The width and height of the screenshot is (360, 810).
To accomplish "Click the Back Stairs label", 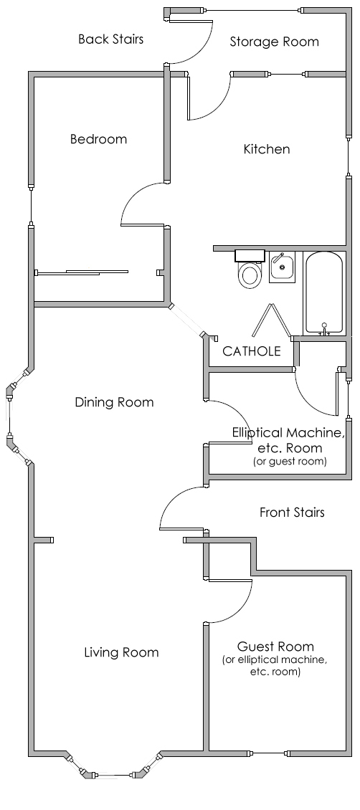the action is coord(110,39).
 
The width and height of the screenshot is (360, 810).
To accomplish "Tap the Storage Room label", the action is coord(274,42).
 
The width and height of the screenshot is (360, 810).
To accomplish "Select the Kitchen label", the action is coord(267,149).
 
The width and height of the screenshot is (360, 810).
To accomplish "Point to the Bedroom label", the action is coord(99,139).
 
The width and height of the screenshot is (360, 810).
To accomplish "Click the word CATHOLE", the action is coord(252,351).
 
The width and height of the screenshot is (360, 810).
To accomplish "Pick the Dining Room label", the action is coord(114,402).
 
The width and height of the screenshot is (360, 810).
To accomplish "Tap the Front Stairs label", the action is coord(292,512).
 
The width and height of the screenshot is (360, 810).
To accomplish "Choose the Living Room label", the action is coord(121,652).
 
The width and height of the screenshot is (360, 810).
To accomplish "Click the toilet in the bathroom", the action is coord(250,269).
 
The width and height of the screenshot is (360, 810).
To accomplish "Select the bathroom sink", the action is coord(282,267).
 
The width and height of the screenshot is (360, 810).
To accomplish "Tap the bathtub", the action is coord(323,293).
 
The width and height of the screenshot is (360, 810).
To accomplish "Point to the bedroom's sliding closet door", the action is coord(82,272).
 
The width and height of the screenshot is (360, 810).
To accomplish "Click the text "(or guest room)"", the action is coord(290,462).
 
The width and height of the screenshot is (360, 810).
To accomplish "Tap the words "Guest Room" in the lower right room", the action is coord(275,647).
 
